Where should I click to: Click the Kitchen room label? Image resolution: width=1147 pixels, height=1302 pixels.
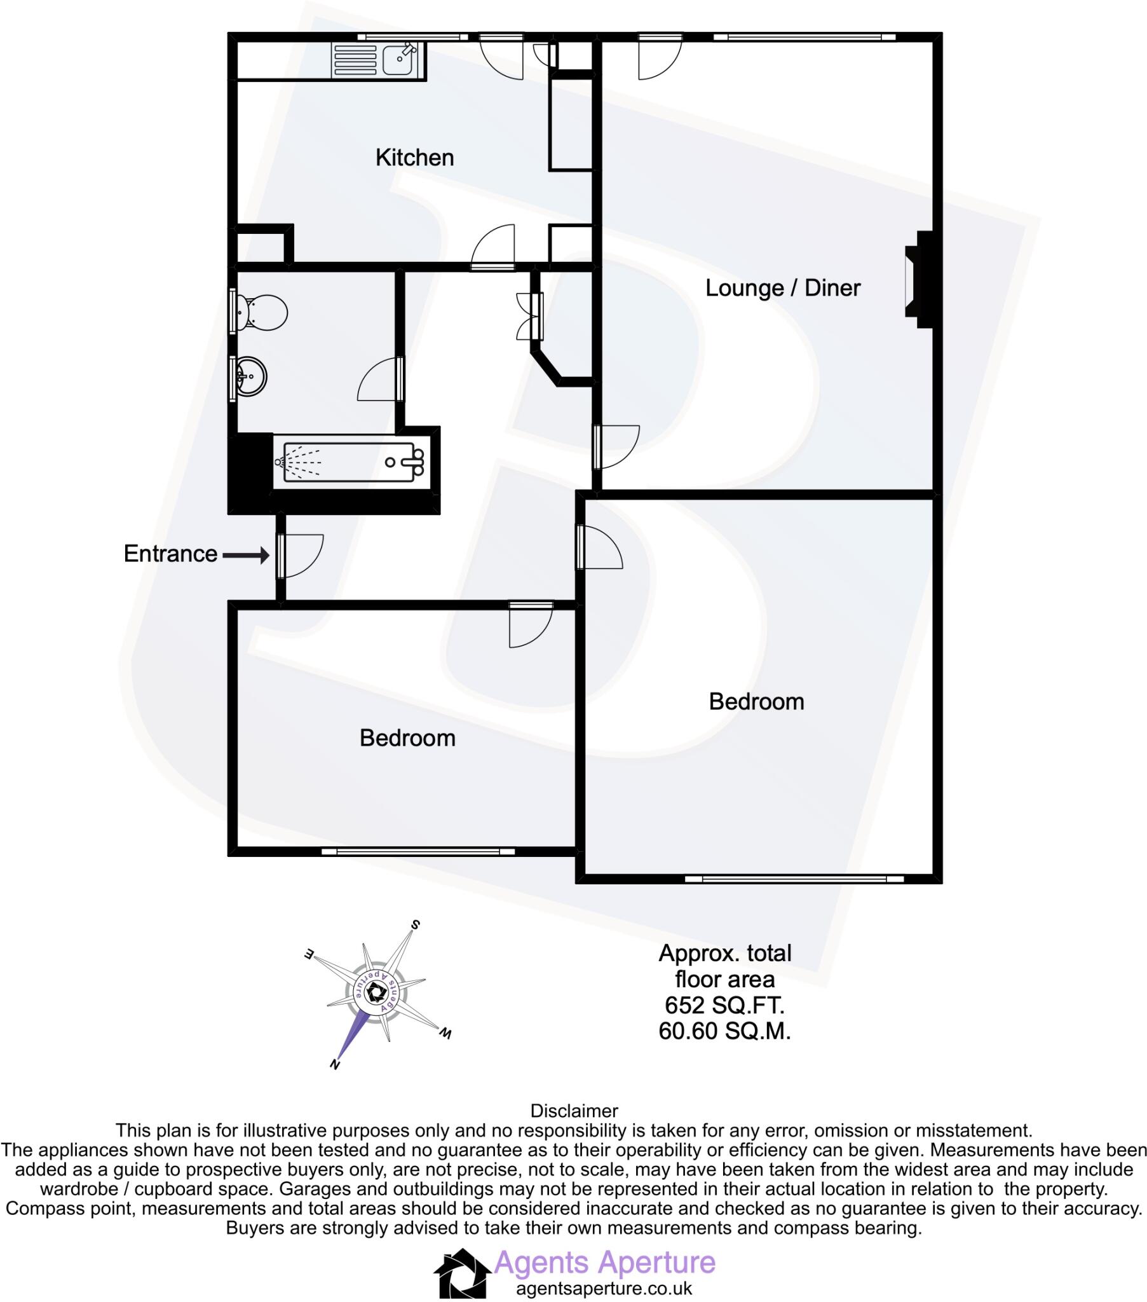[x=414, y=157]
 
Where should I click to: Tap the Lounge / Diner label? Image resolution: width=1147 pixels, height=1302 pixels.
[x=782, y=288]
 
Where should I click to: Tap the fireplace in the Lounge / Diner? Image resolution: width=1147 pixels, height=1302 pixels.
[x=919, y=279]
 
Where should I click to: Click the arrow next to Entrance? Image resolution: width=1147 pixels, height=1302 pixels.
[x=246, y=556]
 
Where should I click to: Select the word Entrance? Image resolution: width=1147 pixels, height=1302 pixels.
[x=171, y=554]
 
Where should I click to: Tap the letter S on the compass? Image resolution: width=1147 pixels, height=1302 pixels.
[x=415, y=924]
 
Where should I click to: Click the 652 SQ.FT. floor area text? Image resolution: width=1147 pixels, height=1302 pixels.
[x=724, y=1005]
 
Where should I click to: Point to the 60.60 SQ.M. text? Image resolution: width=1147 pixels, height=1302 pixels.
[x=724, y=1031]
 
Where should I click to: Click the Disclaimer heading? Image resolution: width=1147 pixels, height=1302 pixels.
[x=574, y=1111]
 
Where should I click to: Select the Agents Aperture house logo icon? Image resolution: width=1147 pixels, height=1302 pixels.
[x=463, y=1273]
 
